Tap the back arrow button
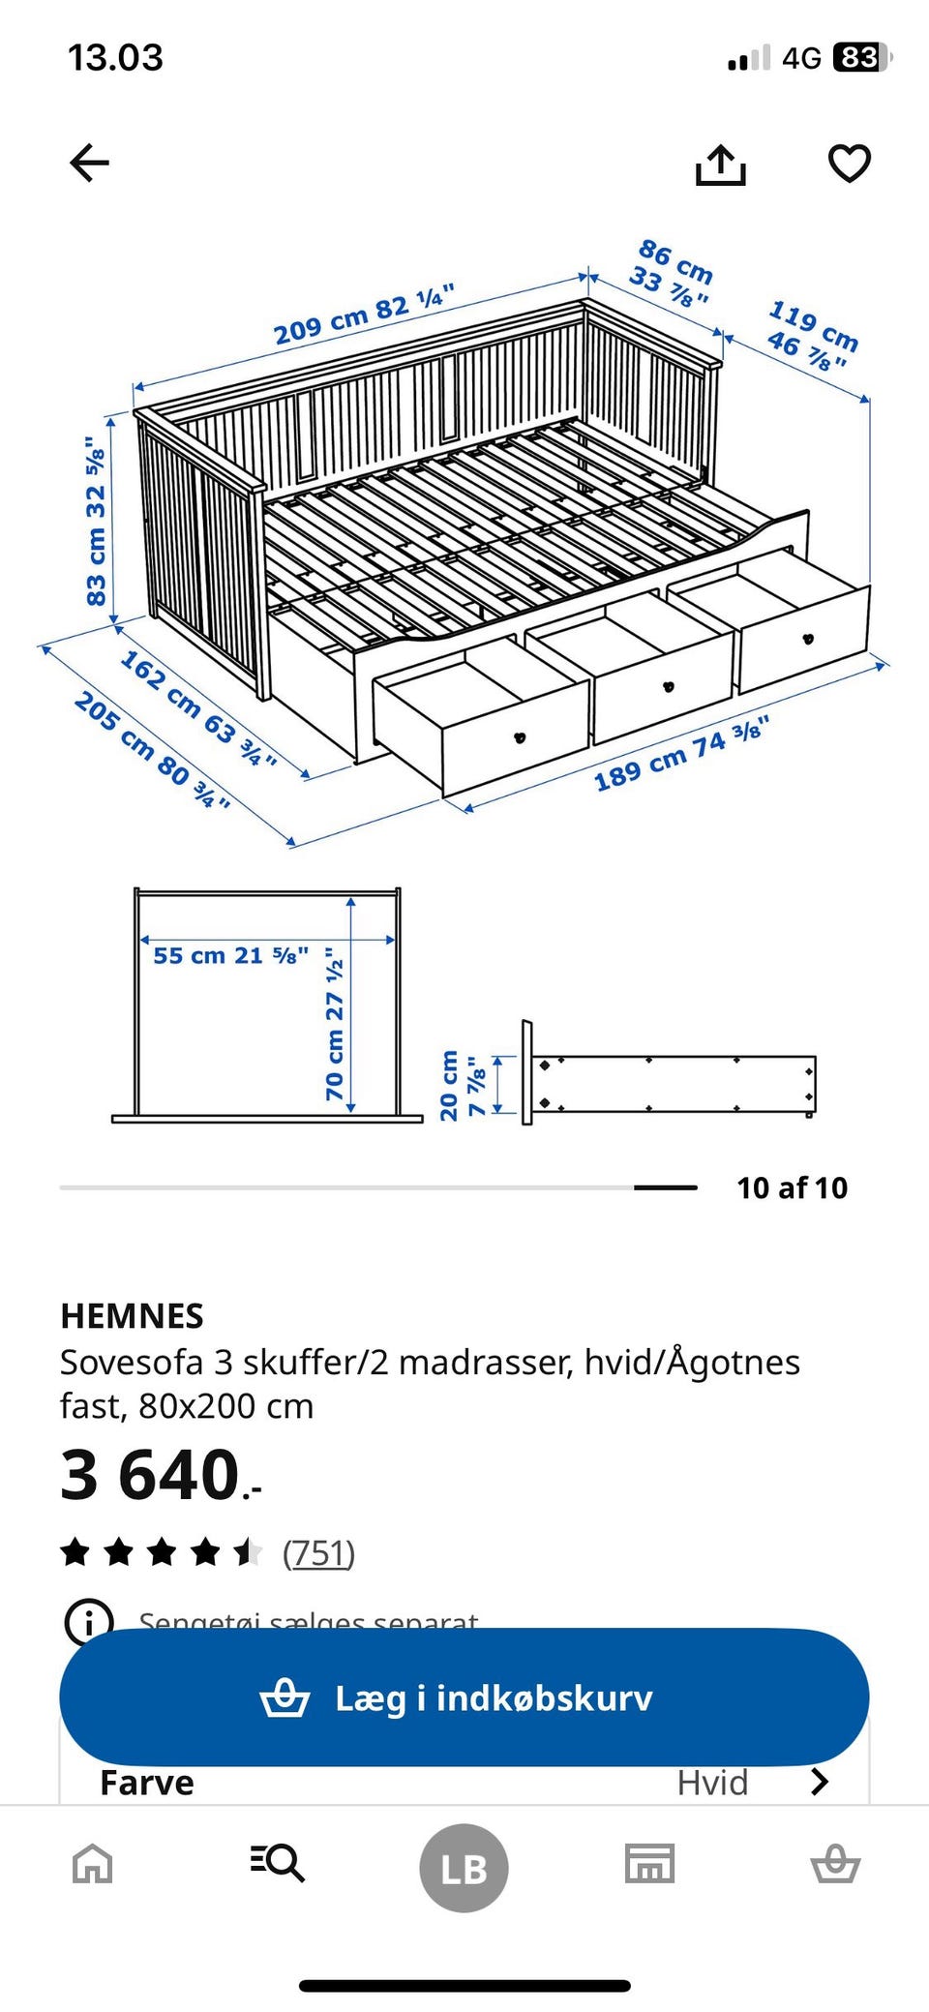[x=90, y=163]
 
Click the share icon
[x=721, y=165]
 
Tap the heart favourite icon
[x=850, y=163]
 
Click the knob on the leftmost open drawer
[x=520, y=737]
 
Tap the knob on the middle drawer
[x=668, y=687]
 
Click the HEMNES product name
[x=132, y=1315]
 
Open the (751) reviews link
[x=318, y=1553]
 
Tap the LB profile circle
[x=464, y=1867]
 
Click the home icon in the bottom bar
[x=93, y=1863]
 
